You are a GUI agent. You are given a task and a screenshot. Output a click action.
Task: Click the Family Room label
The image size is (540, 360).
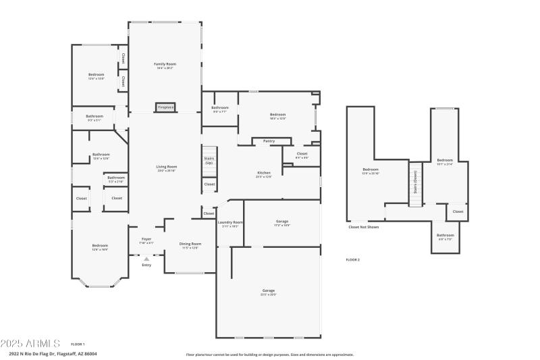pos(165,64)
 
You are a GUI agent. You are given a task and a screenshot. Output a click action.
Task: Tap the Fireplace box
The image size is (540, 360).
pos(165,107)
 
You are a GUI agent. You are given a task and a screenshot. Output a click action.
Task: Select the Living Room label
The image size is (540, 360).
pos(167,167)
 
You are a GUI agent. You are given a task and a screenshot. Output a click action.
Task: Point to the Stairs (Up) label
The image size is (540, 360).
pos(209,161)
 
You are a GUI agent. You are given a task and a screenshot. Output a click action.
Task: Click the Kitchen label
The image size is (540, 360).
pos(263,173)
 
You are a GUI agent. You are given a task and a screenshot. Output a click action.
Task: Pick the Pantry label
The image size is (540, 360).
pos(269,141)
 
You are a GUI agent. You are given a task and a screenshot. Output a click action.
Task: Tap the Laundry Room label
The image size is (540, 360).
pos(230,222)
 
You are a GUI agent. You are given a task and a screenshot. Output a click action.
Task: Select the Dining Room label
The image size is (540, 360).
pos(190,244)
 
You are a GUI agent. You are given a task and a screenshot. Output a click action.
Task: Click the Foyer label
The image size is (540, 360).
pos(146,239)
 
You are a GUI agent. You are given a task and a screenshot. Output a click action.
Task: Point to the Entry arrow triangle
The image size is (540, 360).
pos(146,258)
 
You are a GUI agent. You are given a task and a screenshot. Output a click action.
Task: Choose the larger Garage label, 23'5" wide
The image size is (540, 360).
pos(269,290)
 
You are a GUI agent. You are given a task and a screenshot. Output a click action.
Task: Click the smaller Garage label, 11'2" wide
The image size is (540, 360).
pos(282,222)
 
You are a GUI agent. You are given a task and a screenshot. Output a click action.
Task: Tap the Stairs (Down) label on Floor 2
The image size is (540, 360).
pos(416,181)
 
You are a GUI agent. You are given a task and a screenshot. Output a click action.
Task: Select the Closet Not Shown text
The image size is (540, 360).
pos(363,227)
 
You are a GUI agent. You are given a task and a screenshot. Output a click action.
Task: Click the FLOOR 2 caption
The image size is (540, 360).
pos(352,259)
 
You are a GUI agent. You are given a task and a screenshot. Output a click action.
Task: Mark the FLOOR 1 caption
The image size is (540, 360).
pos(78,344)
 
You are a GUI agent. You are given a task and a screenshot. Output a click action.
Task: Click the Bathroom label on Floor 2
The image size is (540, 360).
pos(446,235)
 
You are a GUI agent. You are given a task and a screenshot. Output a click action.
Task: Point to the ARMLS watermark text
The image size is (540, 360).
pos(30,344)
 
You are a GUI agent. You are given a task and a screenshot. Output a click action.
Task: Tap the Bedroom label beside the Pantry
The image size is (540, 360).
pos(278,115)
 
